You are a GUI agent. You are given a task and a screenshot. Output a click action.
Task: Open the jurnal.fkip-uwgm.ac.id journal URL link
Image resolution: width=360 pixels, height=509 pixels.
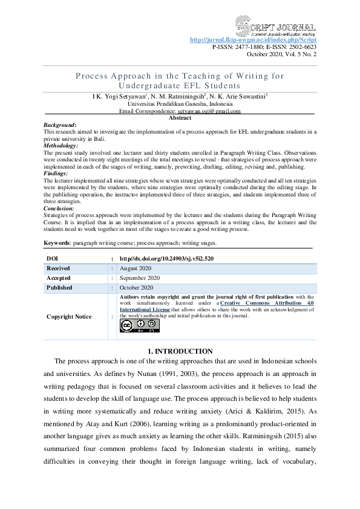coord(253,40)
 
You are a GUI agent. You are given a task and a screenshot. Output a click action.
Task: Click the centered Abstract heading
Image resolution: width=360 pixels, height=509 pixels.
coord(180,118)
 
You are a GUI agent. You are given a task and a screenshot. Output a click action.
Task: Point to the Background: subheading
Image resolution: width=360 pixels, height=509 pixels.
coord(60,125)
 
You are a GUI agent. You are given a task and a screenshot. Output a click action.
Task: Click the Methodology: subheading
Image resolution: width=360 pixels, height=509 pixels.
coord(61,146)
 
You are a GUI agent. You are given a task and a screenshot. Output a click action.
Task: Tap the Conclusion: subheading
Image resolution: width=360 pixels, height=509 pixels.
coord(59,208)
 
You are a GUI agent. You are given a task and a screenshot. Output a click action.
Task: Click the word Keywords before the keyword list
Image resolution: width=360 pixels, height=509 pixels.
coord(56,242)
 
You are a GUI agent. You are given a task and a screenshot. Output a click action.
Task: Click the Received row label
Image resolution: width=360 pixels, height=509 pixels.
coord(59,268)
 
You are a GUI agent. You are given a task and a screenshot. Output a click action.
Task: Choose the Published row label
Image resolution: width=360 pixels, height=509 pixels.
coord(59,288)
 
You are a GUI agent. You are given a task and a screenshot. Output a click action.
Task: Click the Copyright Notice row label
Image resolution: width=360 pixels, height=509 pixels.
coord(69,316)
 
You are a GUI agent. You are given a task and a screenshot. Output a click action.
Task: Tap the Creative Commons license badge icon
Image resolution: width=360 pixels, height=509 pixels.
coord(140,325)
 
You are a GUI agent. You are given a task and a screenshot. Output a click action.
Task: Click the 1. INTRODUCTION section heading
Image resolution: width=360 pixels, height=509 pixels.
coord(180,351)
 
